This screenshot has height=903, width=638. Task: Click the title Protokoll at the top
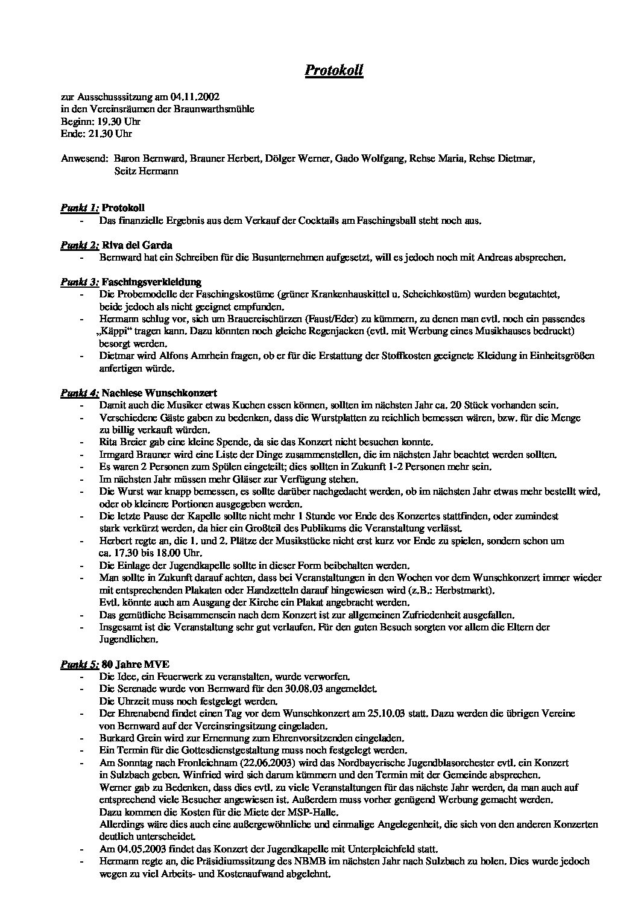[x=333, y=71]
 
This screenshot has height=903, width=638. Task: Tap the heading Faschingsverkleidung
[x=151, y=282]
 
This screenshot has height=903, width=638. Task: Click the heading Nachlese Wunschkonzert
[x=160, y=393]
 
